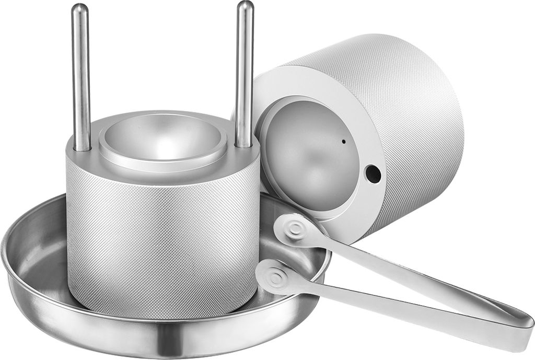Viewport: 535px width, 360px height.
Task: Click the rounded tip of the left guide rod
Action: (80, 9)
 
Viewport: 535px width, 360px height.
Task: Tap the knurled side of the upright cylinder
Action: (162, 235)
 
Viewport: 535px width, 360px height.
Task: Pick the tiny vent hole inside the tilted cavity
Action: (343, 141)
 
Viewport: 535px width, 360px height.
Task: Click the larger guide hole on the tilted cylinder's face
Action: (373, 173)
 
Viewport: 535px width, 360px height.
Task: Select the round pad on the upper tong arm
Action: (295, 228)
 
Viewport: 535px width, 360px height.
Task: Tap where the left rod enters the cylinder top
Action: (82, 148)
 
